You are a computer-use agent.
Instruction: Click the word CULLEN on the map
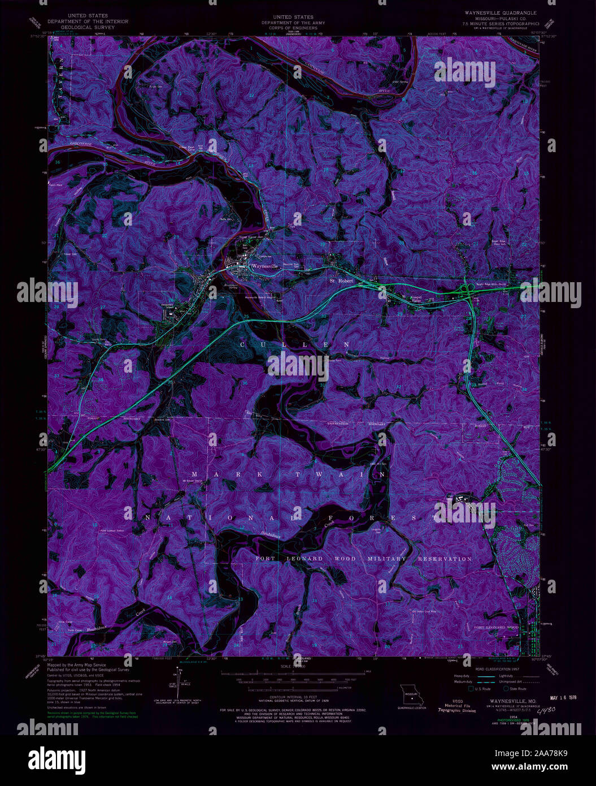pyautogui.click(x=295, y=344)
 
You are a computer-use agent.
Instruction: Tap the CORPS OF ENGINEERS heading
pyautogui.click(x=293, y=28)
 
